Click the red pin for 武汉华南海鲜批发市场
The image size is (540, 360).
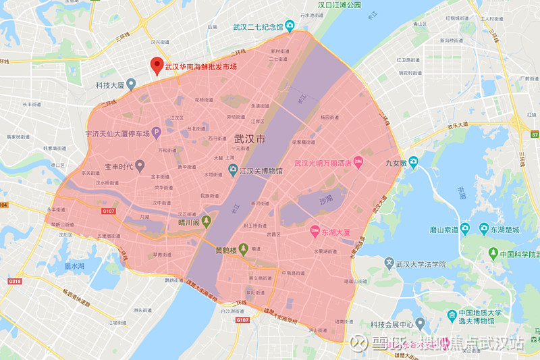157,66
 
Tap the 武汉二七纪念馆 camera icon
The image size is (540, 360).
290,27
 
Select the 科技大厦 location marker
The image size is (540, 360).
132,84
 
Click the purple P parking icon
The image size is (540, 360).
155,131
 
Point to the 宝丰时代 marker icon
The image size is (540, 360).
140,164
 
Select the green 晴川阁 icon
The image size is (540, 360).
207,221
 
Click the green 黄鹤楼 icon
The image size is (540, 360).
244,248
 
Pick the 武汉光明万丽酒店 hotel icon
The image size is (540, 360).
358,162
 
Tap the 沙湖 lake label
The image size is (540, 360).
326,201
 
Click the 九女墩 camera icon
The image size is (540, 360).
412,161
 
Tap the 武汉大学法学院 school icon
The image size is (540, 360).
389,263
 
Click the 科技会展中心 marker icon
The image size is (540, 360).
420,323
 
